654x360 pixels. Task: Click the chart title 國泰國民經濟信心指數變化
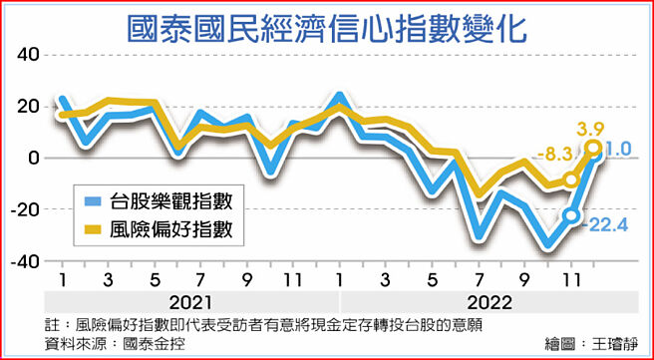click(327, 24)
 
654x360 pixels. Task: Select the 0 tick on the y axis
click(32, 158)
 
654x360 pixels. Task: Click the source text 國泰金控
click(158, 344)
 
